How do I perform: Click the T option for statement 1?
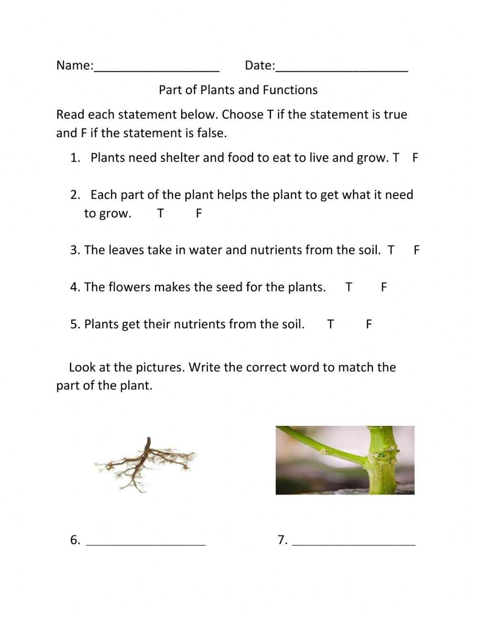point(396,158)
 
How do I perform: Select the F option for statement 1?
point(415,158)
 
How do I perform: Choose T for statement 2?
point(161,213)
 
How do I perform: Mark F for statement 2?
point(199,213)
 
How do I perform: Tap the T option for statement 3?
point(391,250)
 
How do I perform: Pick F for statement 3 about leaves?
point(417,250)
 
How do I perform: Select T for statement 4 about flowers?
point(348,287)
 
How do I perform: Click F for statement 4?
point(383,287)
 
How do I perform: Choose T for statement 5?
point(330,325)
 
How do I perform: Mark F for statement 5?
point(369,325)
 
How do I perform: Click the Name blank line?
point(156,67)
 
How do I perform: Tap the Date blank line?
point(342,67)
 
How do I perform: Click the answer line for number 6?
point(145,541)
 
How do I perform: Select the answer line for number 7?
point(353,541)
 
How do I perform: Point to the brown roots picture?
point(145,464)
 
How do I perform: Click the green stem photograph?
point(345,460)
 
